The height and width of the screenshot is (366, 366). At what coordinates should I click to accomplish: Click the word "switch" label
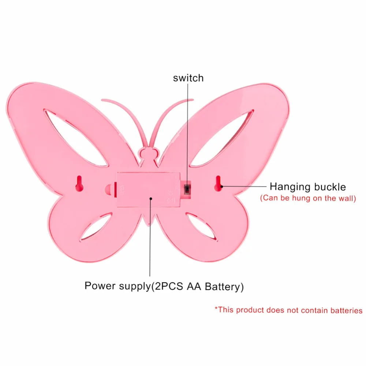[188, 78]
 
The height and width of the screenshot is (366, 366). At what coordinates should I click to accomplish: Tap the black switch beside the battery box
[187, 189]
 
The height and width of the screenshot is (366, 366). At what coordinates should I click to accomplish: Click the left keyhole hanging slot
[79, 184]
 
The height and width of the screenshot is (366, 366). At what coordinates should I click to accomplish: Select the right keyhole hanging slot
[218, 184]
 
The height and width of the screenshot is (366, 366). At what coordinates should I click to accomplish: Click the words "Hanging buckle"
[308, 187]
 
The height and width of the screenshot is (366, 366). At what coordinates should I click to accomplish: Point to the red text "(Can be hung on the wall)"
[308, 198]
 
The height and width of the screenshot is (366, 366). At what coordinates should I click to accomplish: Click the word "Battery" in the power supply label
[222, 287]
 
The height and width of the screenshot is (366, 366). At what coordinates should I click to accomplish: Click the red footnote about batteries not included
[288, 310]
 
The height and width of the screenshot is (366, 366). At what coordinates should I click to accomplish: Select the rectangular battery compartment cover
[149, 190]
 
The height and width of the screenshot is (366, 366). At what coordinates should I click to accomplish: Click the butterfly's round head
[149, 154]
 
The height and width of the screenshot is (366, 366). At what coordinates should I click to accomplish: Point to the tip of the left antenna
[102, 100]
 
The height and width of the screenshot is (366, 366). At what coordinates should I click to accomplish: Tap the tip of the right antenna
[193, 100]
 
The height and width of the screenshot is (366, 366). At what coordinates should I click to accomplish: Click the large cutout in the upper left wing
[75, 138]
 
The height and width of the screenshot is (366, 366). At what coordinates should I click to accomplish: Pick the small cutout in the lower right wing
[202, 227]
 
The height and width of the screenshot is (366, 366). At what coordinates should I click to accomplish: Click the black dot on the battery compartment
[151, 199]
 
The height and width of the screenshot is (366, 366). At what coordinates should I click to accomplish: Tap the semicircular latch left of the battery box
[111, 189]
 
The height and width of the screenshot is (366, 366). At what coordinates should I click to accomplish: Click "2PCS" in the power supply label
[169, 287]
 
